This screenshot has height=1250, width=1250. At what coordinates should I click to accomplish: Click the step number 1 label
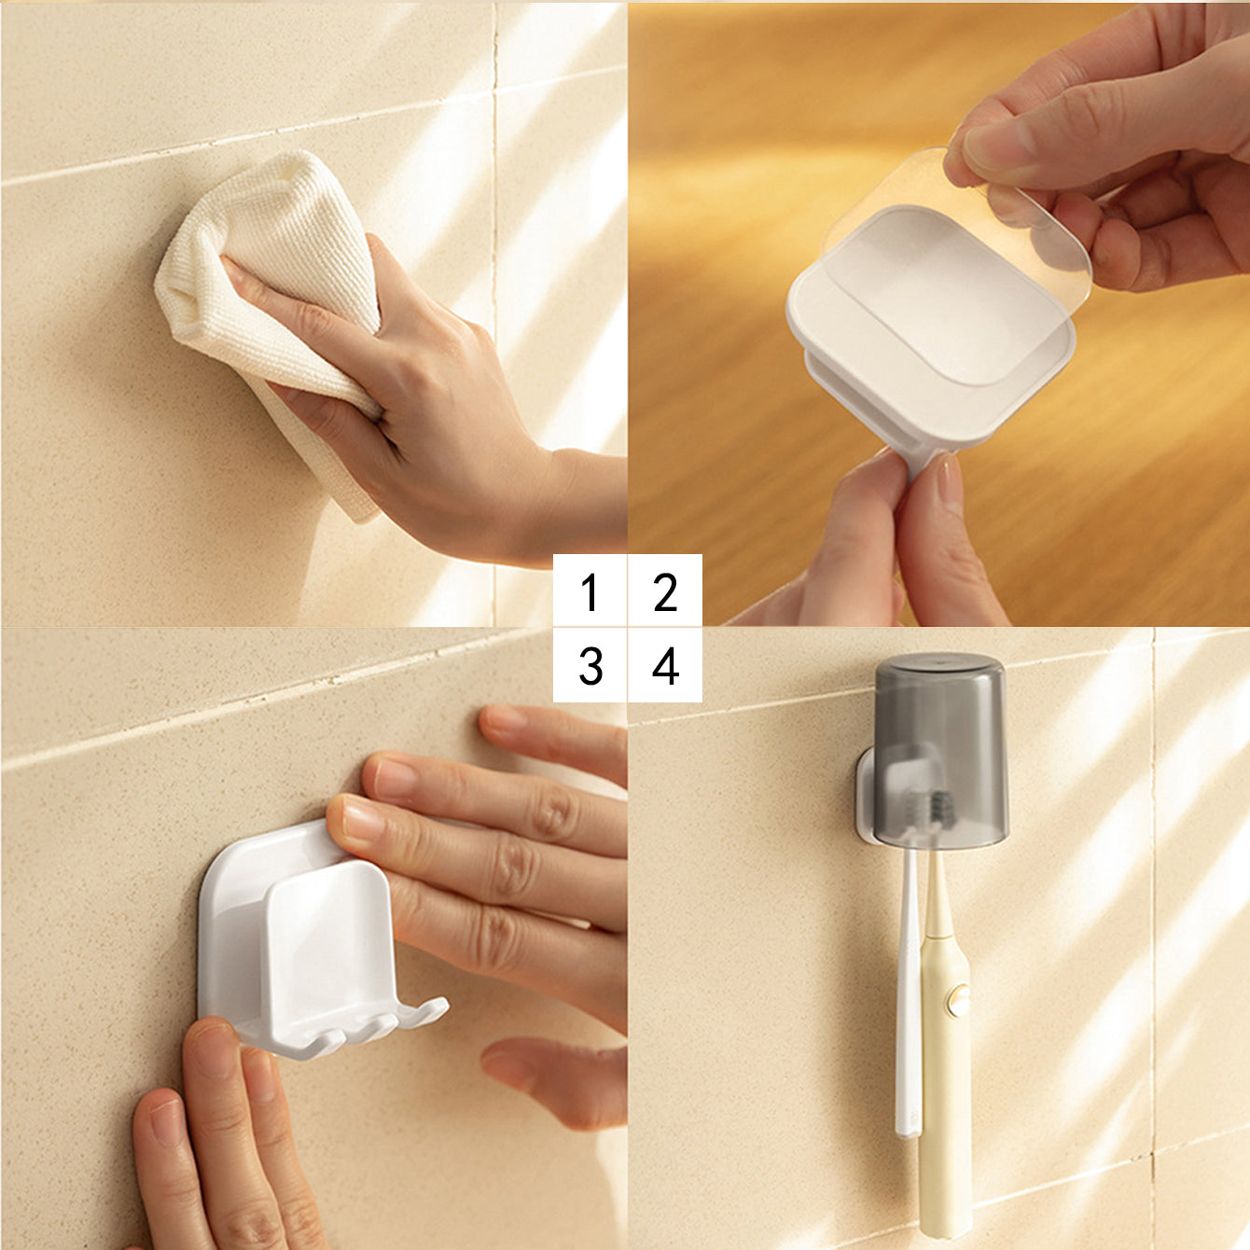pos(589,591)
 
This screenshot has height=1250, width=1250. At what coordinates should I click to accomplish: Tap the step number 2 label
pos(665,591)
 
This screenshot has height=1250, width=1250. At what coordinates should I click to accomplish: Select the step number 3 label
pos(590,665)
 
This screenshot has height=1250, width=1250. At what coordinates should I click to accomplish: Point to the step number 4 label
pos(665,665)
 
